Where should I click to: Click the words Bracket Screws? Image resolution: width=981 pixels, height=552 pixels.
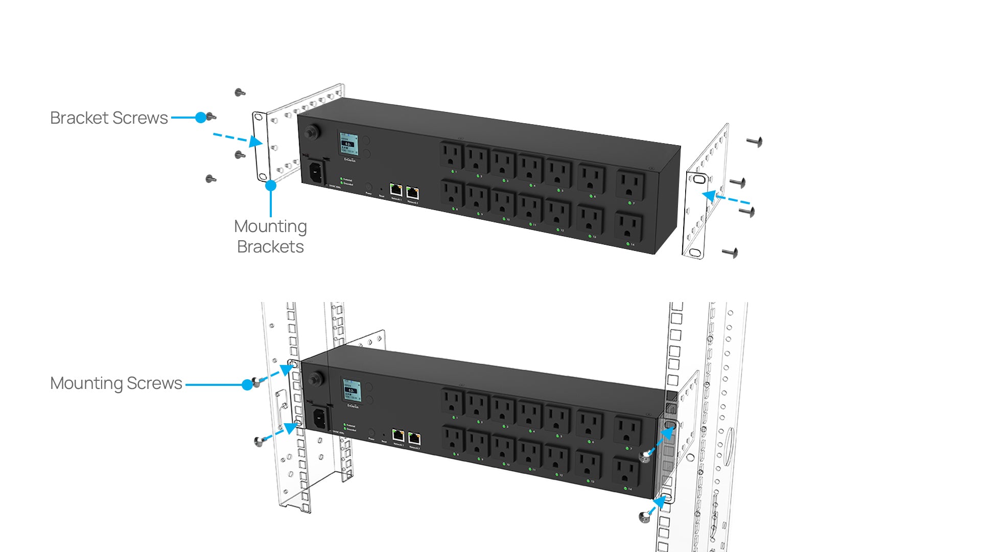pos(109,118)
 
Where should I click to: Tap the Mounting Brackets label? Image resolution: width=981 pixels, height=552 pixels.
pos(270,237)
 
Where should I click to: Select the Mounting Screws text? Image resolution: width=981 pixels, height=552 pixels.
pos(116,383)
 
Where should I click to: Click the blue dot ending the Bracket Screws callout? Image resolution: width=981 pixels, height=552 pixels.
pos(201,118)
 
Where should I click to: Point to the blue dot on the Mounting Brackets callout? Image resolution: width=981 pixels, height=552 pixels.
pos(271,186)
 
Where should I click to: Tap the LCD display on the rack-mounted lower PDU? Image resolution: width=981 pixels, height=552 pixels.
pos(351,390)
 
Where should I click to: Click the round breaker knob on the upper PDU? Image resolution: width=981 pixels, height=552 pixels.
pos(310,132)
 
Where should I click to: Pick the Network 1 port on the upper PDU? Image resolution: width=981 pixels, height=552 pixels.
pos(396,190)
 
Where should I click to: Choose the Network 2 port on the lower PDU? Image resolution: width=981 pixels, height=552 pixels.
pos(414,439)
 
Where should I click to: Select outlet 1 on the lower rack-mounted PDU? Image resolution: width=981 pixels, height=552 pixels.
pos(452,402)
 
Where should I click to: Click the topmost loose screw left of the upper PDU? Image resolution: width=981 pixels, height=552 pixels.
pos(240,93)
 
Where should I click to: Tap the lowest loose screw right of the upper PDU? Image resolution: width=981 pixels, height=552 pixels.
pos(731,252)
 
